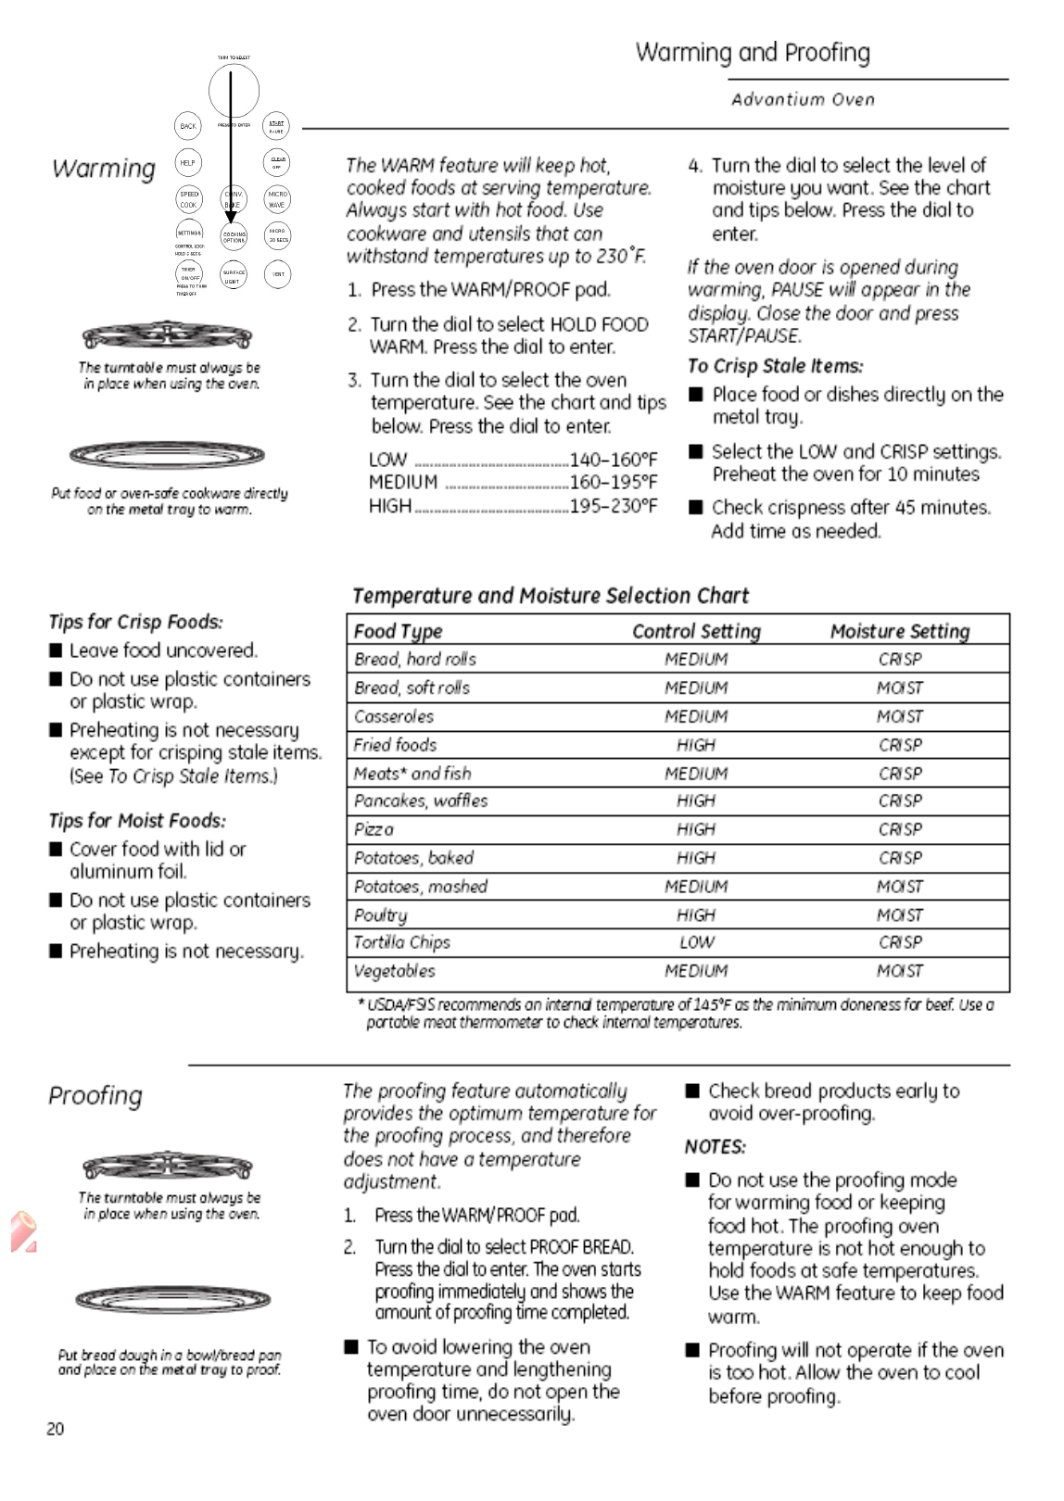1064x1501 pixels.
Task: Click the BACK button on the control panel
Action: (x=188, y=126)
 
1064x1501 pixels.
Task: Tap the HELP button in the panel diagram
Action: (x=188, y=163)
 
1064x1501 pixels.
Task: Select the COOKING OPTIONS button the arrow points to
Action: (x=234, y=237)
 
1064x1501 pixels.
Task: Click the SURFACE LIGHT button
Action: (x=234, y=275)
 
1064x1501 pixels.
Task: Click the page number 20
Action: (x=56, y=1429)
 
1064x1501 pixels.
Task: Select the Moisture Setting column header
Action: (x=899, y=632)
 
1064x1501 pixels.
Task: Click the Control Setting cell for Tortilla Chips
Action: (x=696, y=942)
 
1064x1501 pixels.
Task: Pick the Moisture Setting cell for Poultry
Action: (x=899, y=914)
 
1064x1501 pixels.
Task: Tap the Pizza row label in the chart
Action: (x=374, y=829)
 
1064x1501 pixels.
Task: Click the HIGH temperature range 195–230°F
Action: (x=613, y=506)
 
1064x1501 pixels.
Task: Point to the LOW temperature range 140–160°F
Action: (x=613, y=460)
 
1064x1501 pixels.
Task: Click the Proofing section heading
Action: (x=95, y=1096)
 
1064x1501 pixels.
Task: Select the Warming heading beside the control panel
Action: (x=104, y=169)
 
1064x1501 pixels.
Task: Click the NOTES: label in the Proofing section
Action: (x=715, y=1147)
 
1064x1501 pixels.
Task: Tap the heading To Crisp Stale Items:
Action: (x=775, y=366)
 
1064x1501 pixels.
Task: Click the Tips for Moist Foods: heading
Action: (x=137, y=821)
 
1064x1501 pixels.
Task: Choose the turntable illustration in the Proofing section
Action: (x=167, y=1167)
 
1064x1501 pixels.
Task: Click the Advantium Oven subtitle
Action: (x=803, y=100)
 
